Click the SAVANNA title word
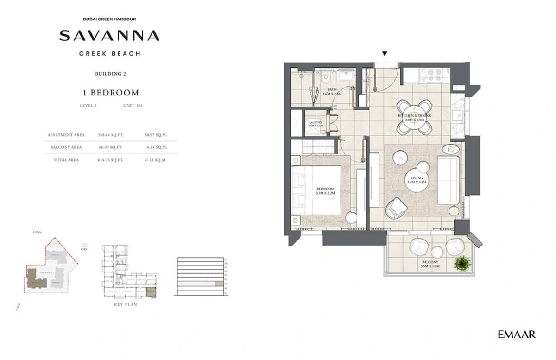click(x=109, y=36)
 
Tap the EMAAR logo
click(x=517, y=334)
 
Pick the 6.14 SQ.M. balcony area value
click(x=155, y=147)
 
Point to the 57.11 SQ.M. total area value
click(x=155, y=160)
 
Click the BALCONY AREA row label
click(x=66, y=147)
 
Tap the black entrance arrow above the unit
click(x=385, y=54)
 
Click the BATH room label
click(x=332, y=90)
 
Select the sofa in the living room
click(x=448, y=180)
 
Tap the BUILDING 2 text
click(x=110, y=73)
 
